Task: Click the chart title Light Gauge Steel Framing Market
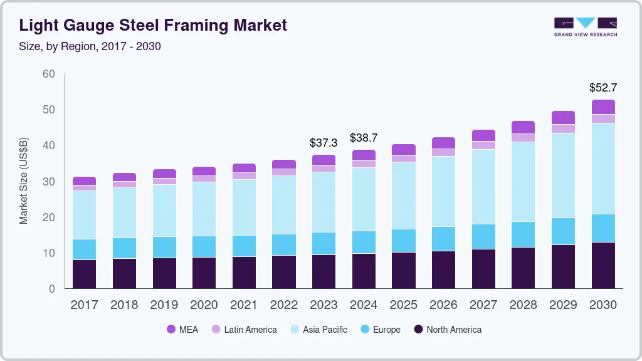[153, 25]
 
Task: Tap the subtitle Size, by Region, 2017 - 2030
[90, 47]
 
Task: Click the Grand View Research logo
[585, 26]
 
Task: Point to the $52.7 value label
[603, 88]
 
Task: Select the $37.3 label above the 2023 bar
[324, 143]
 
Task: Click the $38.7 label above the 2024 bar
[364, 137]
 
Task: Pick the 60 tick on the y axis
[48, 74]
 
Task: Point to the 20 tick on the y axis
[48, 217]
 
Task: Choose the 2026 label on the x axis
[444, 305]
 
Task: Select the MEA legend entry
[182, 330]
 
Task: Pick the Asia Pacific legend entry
[318, 330]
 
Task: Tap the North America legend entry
[447, 330]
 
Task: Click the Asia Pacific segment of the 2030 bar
[603, 169]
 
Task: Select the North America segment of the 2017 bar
[84, 274]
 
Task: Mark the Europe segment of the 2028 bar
[523, 234]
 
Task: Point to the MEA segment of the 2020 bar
[204, 171]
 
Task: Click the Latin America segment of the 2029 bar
[563, 128]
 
